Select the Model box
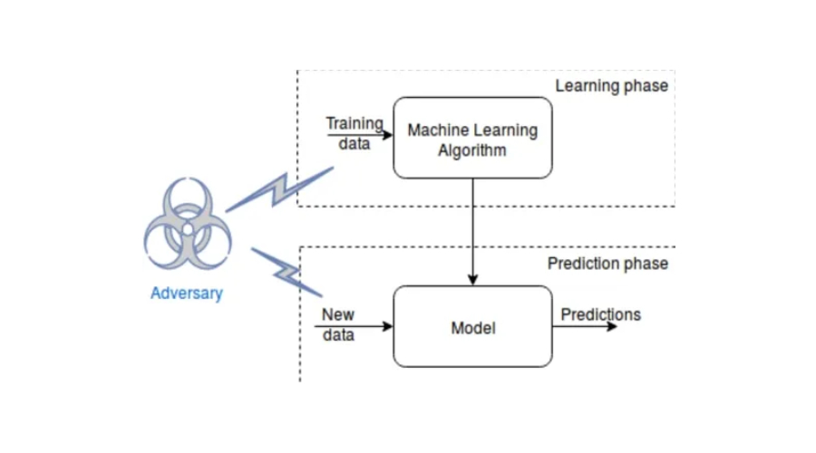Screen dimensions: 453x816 tap(472, 327)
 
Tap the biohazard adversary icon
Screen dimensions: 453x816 tap(188, 226)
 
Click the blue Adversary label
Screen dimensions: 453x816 tap(187, 293)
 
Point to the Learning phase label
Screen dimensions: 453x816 tap(611, 86)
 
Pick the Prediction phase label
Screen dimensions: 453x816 tap(607, 264)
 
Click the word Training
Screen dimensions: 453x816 tap(355, 123)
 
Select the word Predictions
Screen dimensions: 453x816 tap(600, 314)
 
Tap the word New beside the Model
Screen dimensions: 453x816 tap(338, 315)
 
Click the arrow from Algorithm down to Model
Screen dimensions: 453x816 tap(472, 231)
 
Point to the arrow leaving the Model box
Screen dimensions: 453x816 tap(585, 326)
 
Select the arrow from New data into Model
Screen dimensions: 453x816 tap(363, 326)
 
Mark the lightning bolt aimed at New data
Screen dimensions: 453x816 tap(287, 271)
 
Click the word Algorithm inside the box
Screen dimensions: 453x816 tap(472, 150)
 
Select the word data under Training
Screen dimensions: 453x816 tap(354, 143)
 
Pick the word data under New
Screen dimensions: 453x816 tap(338, 335)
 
